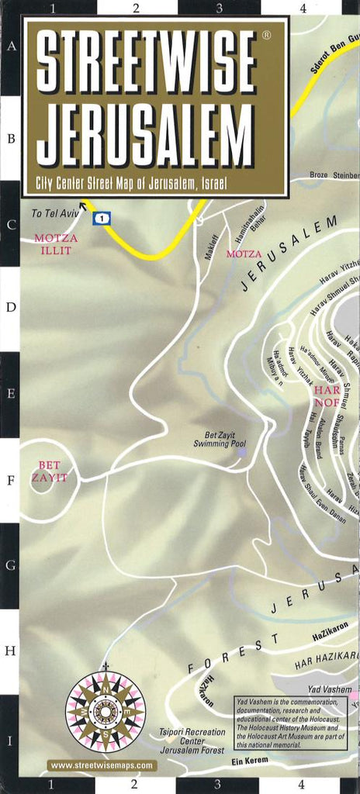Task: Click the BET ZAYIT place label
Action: (49, 471)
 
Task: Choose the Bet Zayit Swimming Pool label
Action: (220, 440)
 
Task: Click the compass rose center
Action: (105, 710)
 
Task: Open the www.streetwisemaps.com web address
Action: (102, 765)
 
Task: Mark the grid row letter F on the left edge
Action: (10, 479)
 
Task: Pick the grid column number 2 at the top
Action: (135, 9)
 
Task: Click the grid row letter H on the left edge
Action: (10, 651)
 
